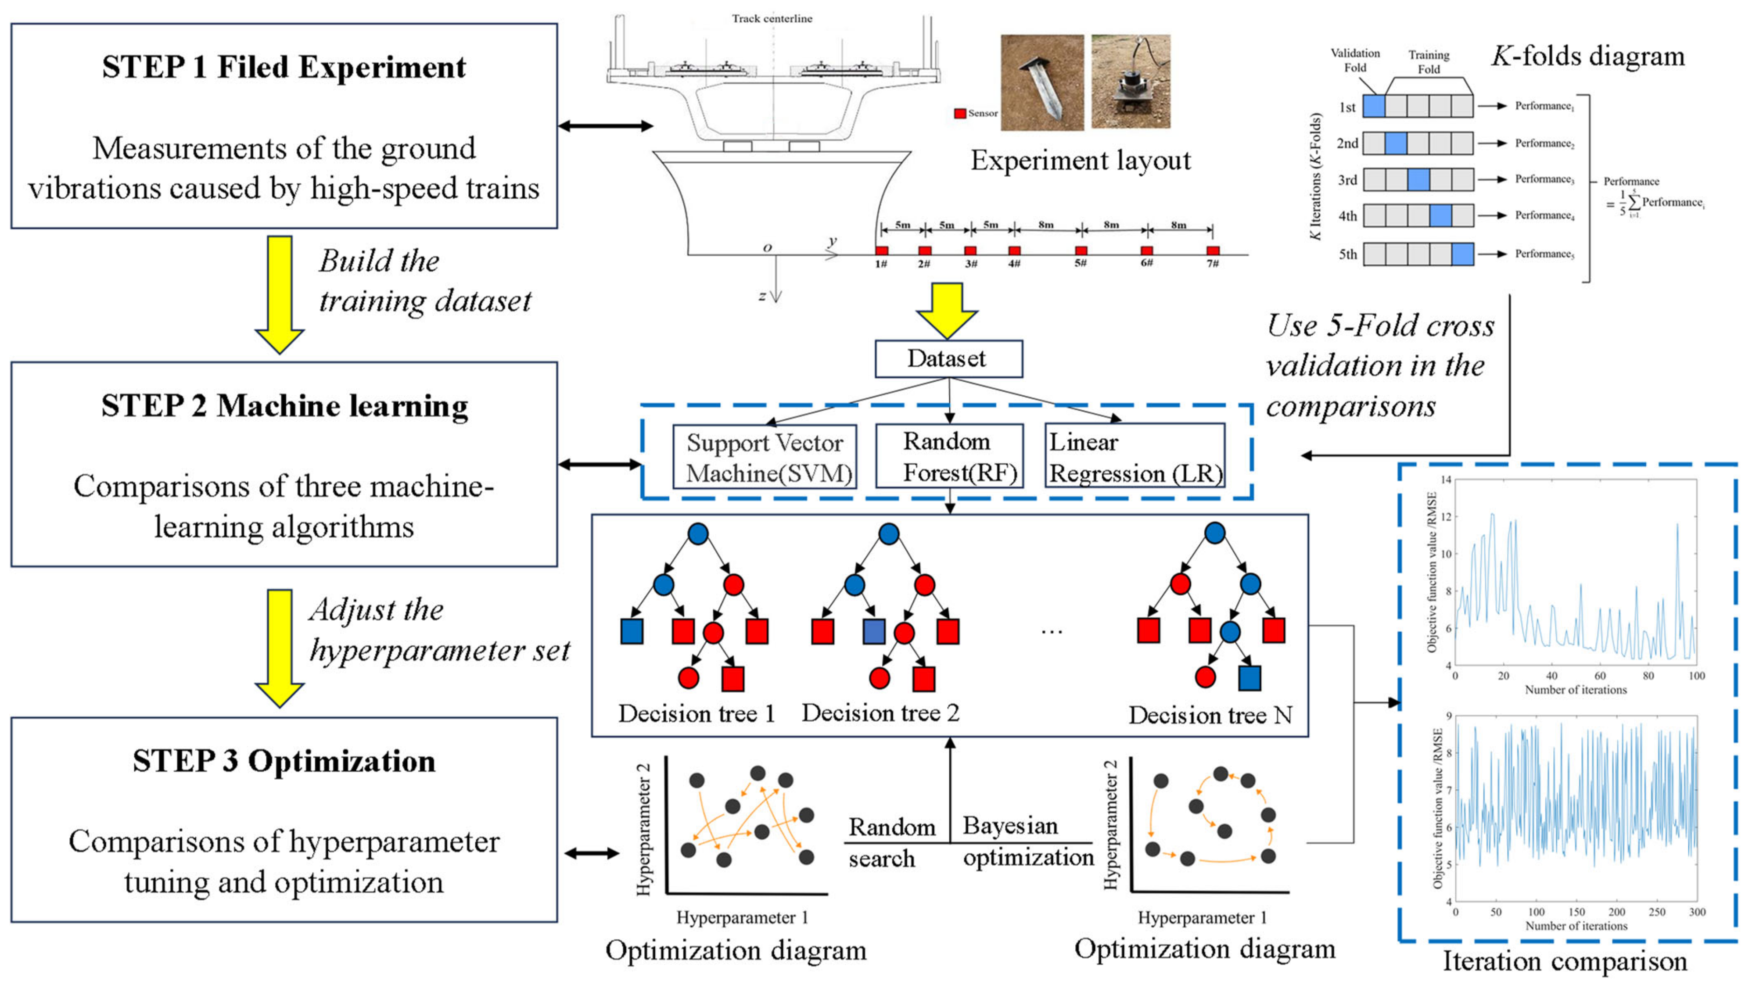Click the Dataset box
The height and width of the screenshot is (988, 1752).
[x=948, y=358]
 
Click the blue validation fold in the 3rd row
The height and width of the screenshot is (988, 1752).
[x=1418, y=179]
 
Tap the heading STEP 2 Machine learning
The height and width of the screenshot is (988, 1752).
[x=284, y=406]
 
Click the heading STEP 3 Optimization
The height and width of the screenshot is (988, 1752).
[x=284, y=761]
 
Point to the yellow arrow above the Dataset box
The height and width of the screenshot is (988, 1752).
[x=946, y=309]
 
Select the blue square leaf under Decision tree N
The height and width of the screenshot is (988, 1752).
[x=1249, y=678]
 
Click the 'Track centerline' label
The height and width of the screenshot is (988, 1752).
[x=772, y=18]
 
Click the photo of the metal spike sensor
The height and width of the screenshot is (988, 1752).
[x=1042, y=82]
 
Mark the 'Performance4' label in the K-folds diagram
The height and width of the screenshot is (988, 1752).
[x=1544, y=215]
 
